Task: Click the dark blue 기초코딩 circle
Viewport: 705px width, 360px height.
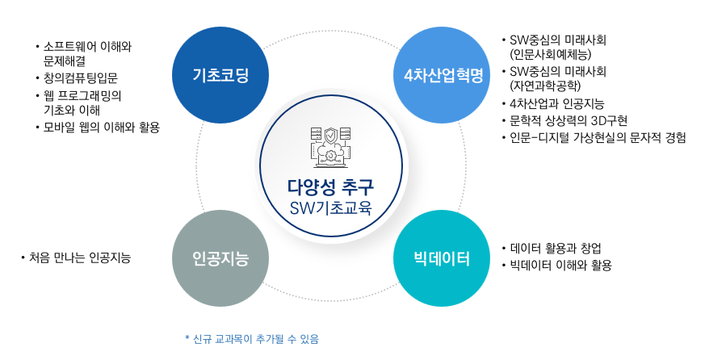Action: (x=220, y=75)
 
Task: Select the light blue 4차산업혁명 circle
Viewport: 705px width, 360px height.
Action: (x=442, y=75)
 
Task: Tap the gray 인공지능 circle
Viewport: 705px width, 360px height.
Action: (x=220, y=258)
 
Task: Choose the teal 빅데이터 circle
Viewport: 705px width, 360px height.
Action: (x=442, y=258)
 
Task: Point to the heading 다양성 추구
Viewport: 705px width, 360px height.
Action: (x=330, y=186)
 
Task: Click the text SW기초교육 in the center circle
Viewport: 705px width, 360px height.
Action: (x=331, y=208)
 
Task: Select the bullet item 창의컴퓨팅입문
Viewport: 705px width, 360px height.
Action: (x=81, y=78)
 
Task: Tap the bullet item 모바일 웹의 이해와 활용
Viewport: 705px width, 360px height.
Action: (x=102, y=128)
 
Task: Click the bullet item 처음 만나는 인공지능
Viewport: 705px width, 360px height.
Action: (x=80, y=257)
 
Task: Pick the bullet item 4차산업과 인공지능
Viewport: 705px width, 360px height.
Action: (x=557, y=104)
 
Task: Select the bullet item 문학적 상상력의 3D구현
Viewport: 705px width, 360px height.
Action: (x=569, y=120)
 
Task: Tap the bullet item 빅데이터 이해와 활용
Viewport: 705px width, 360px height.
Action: (x=560, y=266)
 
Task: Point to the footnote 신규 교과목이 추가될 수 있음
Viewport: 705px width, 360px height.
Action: (x=255, y=339)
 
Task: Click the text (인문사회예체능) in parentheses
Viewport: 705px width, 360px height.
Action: (x=550, y=54)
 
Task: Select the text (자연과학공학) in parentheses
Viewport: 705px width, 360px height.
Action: (x=545, y=86)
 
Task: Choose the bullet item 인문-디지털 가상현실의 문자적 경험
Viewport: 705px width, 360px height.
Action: (x=598, y=137)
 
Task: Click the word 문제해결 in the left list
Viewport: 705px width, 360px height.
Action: (x=65, y=61)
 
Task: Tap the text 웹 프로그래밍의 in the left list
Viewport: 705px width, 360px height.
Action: (x=82, y=96)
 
